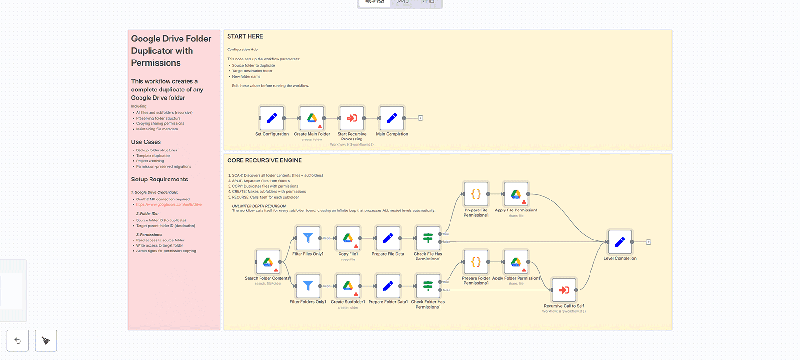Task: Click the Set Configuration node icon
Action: [x=272, y=118]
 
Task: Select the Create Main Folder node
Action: [x=312, y=118]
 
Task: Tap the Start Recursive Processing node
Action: [x=352, y=118]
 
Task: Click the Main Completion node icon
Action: [x=392, y=118]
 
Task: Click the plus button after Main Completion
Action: [x=420, y=118]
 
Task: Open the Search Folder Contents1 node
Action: [x=268, y=262]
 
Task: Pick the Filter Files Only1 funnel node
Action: [x=308, y=238]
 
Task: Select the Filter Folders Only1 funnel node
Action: [x=308, y=286]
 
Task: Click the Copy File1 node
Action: [x=348, y=238]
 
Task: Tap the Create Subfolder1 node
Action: [x=348, y=286]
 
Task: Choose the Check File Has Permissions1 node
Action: [x=428, y=238]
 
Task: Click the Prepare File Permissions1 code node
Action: [x=476, y=194]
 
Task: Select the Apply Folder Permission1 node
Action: [x=516, y=262]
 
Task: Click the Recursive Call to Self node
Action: [x=564, y=290]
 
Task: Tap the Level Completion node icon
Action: [x=620, y=242]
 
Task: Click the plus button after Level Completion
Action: [x=649, y=242]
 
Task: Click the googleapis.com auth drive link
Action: [x=169, y=205]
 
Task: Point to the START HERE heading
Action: [x=245, y=36]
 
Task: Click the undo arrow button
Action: [x=18, y=340]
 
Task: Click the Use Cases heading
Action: [x=146, y=142]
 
